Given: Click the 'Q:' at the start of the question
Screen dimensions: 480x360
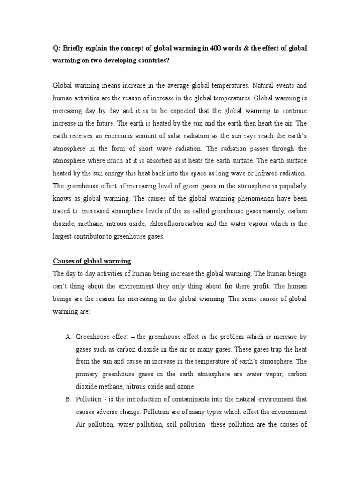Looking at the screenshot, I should (57, 49).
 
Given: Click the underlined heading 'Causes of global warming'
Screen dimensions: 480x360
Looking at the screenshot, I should (92, 261).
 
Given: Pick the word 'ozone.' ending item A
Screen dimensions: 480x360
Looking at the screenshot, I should (186, 387).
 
